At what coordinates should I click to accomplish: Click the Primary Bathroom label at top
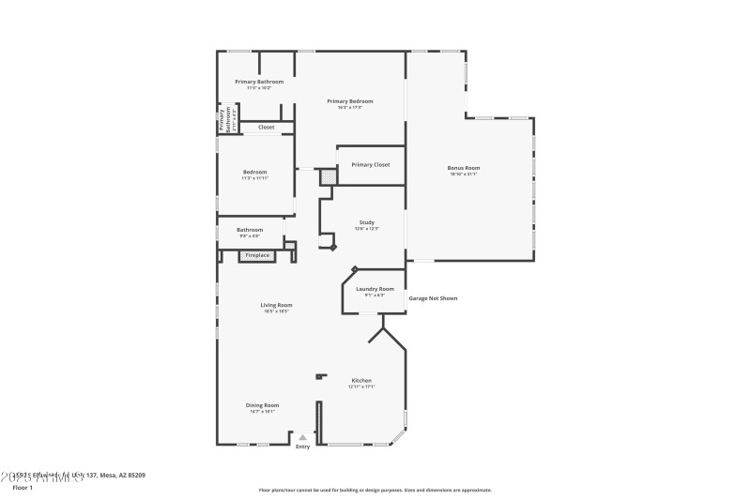pyautogui.click(x=259, y=82)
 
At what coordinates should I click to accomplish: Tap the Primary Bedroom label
pyautogui.click(x=349, y=101)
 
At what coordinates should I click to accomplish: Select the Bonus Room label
pyautogui.click(x=464, y=168)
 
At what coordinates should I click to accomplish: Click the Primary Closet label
pyautogui.click(x=370, y=165)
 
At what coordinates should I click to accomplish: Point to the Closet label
pyautogui.click(x=266, y=127)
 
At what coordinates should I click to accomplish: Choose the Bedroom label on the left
pyautogui.click(x=255, y=172)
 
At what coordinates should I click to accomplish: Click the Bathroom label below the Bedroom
pyautogui.click(x=250, y=230)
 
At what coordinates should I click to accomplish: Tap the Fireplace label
pyautogui.click(x=257, y=255)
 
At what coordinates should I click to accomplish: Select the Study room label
pyautogui.click(x=366, y=222)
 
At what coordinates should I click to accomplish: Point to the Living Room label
pyautogui.click(x=276, y=305)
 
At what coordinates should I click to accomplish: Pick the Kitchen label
pyautogui.click(x=361, y=381)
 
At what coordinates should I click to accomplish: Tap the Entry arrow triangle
pyautogui.click(x=302, y=437)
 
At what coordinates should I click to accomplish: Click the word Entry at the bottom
pyautogui.click(x=302, y=447)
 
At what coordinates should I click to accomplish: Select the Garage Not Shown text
pyautogui.click(x=433, y=298)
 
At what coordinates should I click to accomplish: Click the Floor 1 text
pyautogui.click(x=23, y=488)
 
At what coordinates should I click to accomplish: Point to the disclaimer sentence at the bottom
pyautogui.click(x=375, y=490)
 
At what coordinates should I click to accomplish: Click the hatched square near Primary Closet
pyautogui.click(x=328, y=175)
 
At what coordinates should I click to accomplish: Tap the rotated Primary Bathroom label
pyautogui.click(x=227, y=120)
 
